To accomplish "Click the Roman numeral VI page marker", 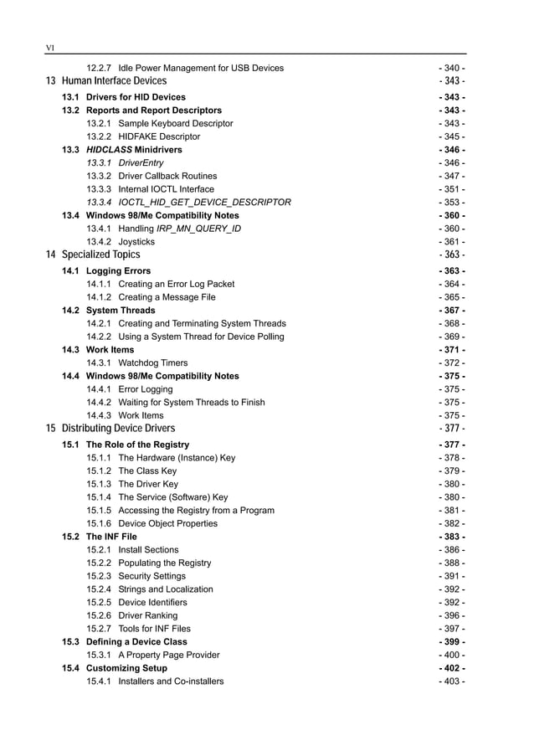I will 49,49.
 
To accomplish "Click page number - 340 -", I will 452,68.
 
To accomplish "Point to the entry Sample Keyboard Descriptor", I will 176,123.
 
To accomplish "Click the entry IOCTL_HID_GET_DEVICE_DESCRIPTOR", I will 204,202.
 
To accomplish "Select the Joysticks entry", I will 137,241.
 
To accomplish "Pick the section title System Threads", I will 121,311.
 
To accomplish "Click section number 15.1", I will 70,445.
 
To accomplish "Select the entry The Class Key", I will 147,471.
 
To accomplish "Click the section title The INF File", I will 111,537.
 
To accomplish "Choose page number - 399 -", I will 452,642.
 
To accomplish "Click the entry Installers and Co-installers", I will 171,681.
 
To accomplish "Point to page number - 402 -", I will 452,668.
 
